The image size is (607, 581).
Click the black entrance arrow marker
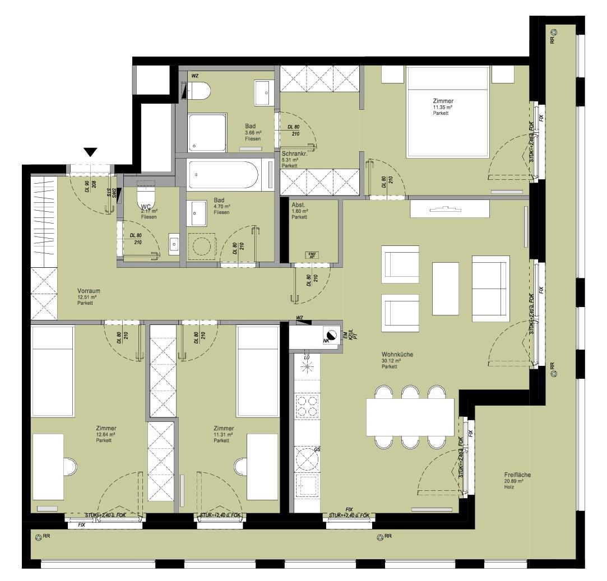[x=91, y=152]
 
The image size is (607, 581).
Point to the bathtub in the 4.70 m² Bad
[x=224, y=175]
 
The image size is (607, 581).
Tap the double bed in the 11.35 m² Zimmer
[x=447, y=111]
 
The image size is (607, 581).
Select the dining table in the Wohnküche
[x=410, y=416]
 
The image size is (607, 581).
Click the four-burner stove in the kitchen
[x=307, y=406]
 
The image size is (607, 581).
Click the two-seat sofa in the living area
[x=490, y=288]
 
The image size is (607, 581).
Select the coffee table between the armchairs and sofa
[x=446, y=288]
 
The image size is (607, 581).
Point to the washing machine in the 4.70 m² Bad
[x=201, y=247]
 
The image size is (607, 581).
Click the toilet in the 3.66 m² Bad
[x=198, y=90]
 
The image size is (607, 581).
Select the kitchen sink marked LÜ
[x=307, y=368]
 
